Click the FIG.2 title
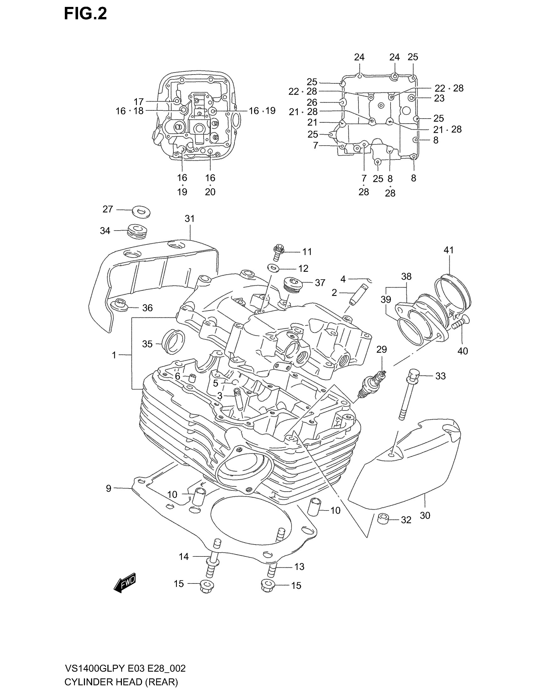point(85,14)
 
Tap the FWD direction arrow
point(125,582)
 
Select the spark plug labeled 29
point(373,384)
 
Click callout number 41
point(448,250)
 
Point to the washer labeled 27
point(141,211)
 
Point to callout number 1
point(114,355)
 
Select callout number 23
point(439,98)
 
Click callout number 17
point(138,102)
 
